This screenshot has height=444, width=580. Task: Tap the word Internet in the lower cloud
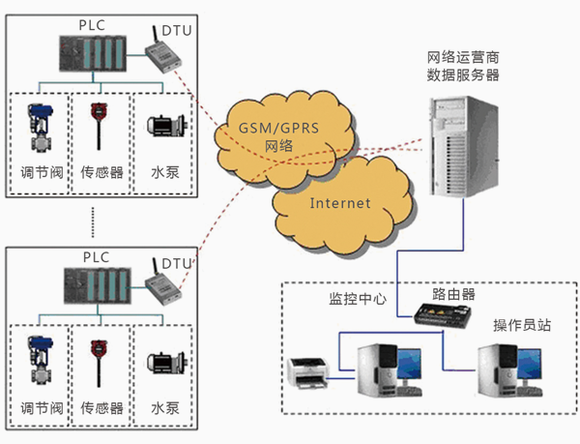[x=339, y=203]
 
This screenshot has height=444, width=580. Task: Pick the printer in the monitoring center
[x=314, y=370]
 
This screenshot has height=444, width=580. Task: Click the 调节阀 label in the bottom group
[x=40, y=407]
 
